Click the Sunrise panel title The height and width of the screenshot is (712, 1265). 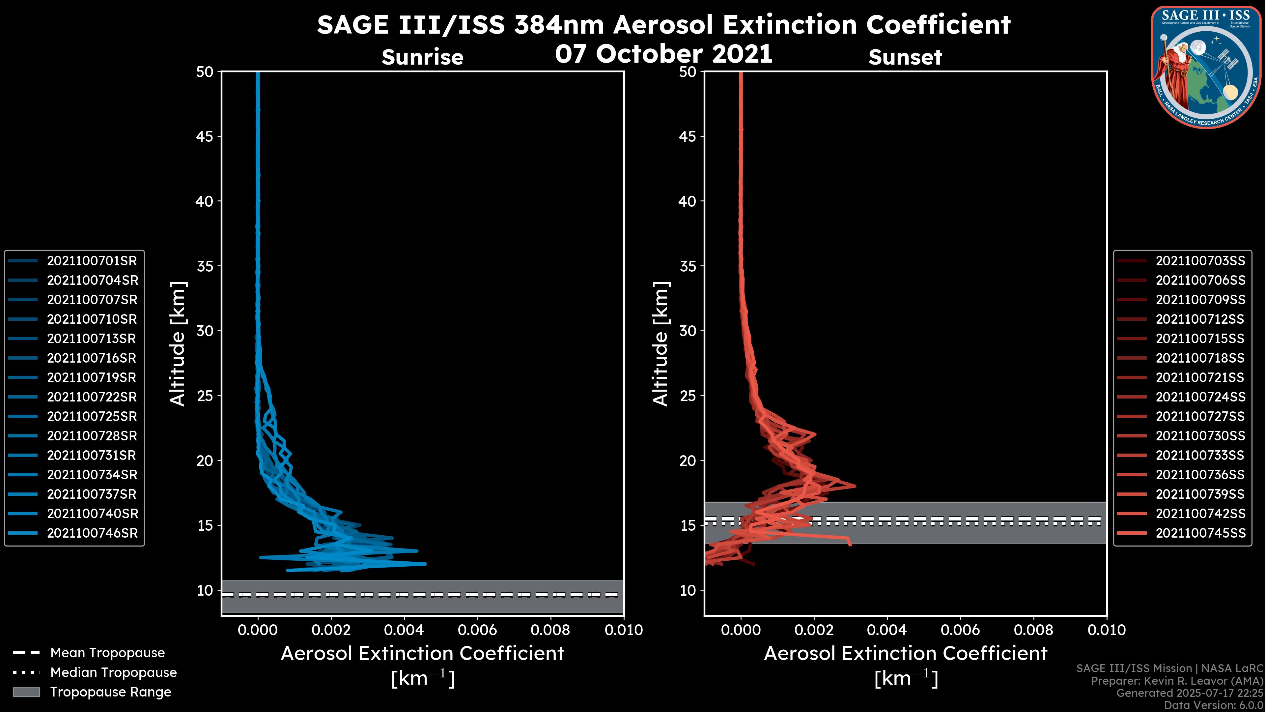pyautogui.click(x=422, y=57)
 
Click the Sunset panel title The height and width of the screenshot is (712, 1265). pyautogui.click(x=905, y=57)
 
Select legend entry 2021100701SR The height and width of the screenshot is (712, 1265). pyautogui.click(x=92, y=261)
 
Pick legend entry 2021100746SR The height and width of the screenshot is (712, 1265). pyautogui.click(x=92, y=533)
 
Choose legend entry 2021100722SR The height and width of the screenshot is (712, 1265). pyautogui.click(x=92, y=397)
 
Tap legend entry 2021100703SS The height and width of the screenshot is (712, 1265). pyautogui.click(x=1200, y=261)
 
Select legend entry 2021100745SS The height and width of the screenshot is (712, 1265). pyautogui.click(x=1200, y=533)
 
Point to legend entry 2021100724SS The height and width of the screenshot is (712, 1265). pyautogui.click(x=1200, y=397)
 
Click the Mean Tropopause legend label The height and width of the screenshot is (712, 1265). pyautogui.click(x=107, y=653)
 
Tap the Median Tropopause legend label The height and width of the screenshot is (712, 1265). pyautogui.click(x=113, y=673)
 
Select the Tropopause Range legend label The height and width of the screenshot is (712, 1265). pyautogui.click(x=110, y=692)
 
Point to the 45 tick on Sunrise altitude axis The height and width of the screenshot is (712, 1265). pyautogui.click(x=205, y=136)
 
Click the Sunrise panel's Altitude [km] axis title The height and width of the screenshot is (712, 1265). pyautogui.click(x=177, y=343)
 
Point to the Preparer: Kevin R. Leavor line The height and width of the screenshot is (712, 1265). pyautogui.click(x=1177, y=681)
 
